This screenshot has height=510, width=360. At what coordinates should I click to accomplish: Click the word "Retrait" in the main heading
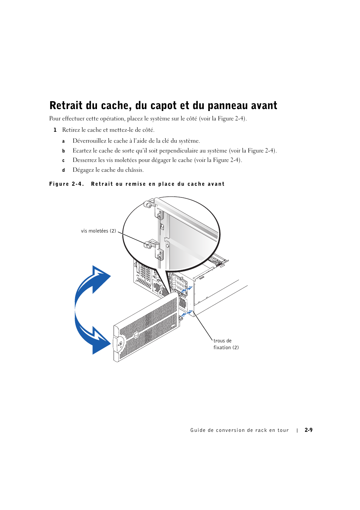66,105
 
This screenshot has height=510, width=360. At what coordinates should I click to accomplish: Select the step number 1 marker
55,130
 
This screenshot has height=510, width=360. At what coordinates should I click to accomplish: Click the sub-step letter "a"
63,141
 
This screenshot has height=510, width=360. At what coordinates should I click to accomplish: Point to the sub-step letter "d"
63,170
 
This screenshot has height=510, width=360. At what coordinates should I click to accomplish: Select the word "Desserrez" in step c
85,160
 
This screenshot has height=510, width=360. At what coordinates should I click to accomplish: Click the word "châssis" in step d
134,170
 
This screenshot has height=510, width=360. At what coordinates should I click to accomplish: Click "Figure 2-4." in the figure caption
66,184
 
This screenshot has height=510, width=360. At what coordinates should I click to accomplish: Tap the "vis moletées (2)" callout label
98,231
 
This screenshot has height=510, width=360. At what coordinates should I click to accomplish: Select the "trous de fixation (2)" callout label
226,344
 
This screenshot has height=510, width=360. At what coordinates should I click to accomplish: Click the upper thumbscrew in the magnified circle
148,205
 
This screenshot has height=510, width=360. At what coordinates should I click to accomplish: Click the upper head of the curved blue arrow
99,278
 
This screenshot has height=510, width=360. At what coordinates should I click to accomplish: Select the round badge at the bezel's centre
136,335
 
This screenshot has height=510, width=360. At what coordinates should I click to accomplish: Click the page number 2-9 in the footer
309,430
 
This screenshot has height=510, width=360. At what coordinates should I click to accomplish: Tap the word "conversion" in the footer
230,430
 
